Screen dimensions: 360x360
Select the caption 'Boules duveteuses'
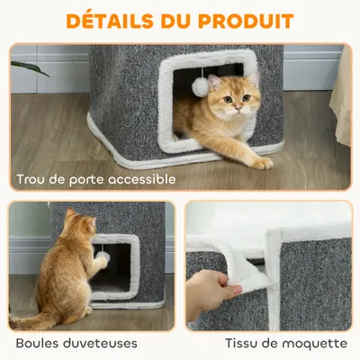point(76,343)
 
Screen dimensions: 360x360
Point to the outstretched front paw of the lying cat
point(260,163)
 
